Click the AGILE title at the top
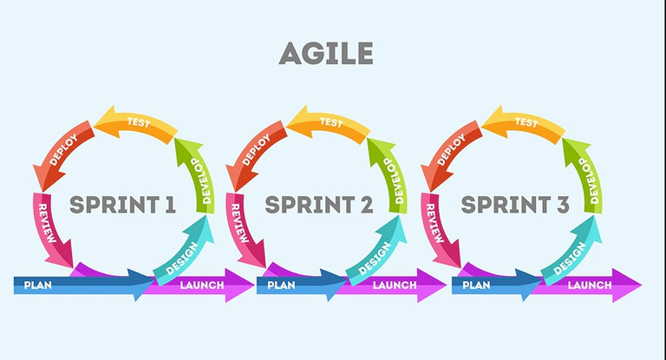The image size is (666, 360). pos(326,54)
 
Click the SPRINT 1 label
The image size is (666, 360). pos(122,206)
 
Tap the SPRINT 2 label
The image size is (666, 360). pos(318,206)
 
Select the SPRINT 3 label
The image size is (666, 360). pos(515,206)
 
